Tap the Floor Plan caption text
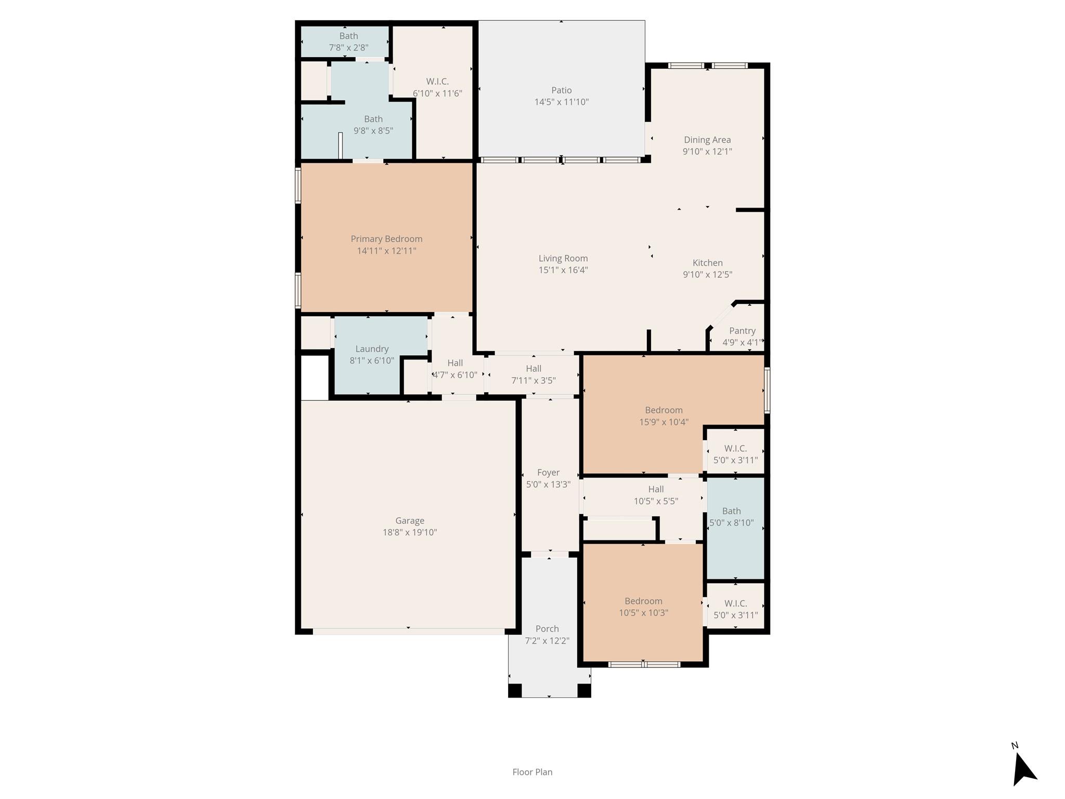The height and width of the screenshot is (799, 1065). (x=532, y=772)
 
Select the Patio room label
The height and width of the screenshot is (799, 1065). (x=561, y=91)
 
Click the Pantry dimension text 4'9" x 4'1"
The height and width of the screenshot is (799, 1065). (x=742, y=342)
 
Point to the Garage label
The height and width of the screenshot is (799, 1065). (x=410, y=521)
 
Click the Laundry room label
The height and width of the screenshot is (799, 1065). (x=372, y=349)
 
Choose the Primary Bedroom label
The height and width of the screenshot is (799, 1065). (x=386, y=239)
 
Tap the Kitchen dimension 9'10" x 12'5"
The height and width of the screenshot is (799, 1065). (x=707, y=275)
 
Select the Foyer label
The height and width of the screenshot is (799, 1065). (x=548, y=472)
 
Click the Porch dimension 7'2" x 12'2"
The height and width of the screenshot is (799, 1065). (x=547, y=641)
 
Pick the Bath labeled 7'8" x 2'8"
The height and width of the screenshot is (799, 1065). (x=348, y=36)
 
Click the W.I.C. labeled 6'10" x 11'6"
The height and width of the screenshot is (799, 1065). (x=437, y=82)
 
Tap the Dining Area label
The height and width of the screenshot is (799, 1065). (x=707, y=139)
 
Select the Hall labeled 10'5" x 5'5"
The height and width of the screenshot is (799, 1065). (x=656, y=489)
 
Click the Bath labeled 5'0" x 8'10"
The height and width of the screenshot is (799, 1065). (x=731, y=511)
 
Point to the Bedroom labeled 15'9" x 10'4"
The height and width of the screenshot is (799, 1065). (x=664, y=410)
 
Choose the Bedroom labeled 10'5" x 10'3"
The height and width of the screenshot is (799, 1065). (x=643, y=601)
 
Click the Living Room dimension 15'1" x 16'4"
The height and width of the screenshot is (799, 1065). (x=563, y=270)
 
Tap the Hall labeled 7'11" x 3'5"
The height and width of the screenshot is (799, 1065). (x=534, y=369)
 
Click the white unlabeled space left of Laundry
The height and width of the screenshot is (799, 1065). (x=315, y=378)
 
